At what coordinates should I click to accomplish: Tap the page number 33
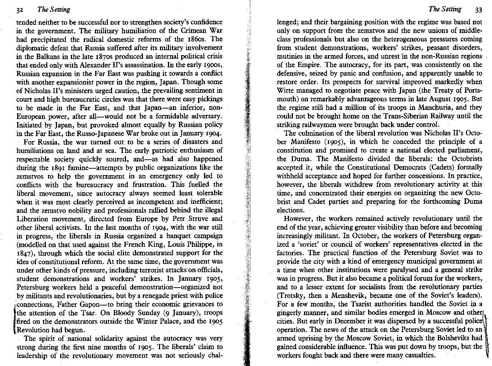[x=479, y=10]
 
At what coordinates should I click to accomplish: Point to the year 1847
[x=24, y=253]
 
